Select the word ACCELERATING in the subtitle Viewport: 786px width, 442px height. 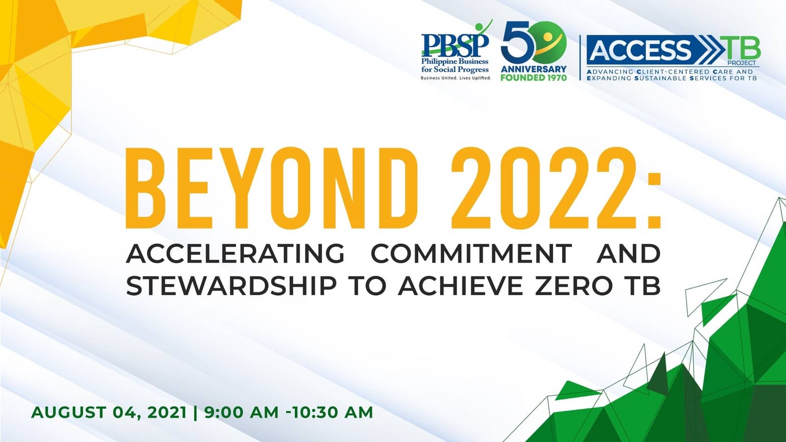[235, 254]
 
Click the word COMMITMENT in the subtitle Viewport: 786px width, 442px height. [471, 254]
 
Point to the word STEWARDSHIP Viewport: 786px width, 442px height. [231, 286]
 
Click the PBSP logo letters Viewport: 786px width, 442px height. [454, 45]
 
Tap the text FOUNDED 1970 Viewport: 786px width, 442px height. [533, 78]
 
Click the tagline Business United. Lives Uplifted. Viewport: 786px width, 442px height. [455, 78]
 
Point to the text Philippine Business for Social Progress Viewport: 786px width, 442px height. [455, 65]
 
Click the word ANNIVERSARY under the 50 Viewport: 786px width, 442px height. [533, 69]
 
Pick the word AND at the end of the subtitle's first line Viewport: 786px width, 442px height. [628, 254]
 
